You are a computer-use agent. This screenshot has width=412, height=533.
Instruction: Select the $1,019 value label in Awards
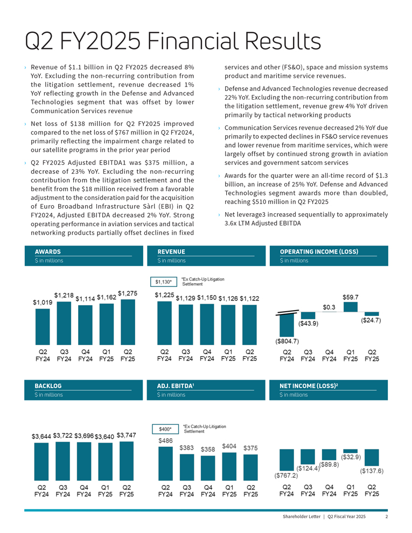[43, 303]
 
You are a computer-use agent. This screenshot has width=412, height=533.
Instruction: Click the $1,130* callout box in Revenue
[164, 281]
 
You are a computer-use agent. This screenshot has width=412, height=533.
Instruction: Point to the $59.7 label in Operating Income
[351, 296]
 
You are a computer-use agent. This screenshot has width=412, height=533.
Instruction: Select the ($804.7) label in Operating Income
[288, 340]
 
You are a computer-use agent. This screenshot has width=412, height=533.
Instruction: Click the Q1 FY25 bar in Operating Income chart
[351, 306]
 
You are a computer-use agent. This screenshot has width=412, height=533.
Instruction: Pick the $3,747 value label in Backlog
[128, 435]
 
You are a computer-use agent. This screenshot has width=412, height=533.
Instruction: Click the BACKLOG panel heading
[48, 386]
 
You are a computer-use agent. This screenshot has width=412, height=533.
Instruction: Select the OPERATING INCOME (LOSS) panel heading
[319, 251]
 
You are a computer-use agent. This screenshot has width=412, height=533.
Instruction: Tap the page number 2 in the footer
[387, 517]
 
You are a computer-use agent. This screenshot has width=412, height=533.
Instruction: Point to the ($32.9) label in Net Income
[351, 457]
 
